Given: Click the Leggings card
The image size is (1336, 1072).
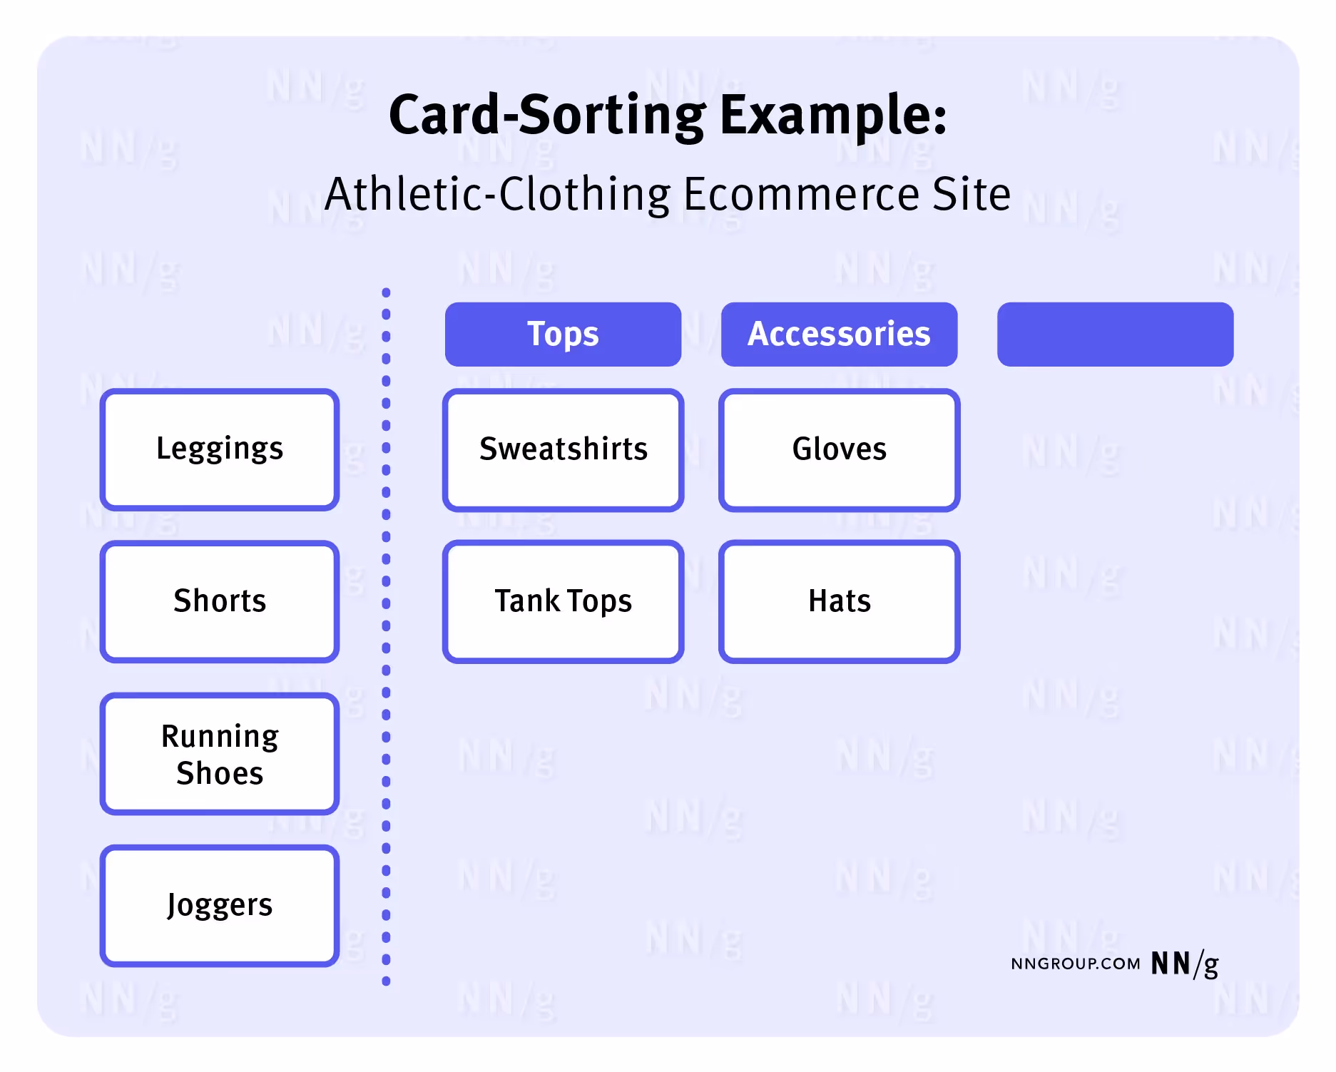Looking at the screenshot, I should click(220, 449).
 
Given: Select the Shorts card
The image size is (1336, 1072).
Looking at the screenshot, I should click(220, 601).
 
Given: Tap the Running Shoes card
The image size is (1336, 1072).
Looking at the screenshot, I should click(220, 754).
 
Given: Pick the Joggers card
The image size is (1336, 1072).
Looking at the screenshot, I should click(220, 906).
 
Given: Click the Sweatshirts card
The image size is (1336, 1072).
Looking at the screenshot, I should click(563, 449).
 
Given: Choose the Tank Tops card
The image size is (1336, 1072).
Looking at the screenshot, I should click(563, 601).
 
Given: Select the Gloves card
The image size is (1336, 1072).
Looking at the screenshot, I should click(839, 449).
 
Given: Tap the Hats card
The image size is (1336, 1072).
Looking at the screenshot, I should click(839, 601).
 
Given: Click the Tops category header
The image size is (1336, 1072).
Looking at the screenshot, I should click(563, 334).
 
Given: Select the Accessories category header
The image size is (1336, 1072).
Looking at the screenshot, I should click(839, 334).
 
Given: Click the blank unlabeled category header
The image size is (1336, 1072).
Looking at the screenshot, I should click(1115, 334).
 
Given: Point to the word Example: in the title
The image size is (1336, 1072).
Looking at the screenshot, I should click(833, 116).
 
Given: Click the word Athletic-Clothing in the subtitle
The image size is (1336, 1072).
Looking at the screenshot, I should click(497, 194).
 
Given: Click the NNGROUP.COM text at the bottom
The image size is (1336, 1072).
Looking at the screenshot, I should click(1075, 964).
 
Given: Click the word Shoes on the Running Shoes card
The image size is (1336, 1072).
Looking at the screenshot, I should click(220, 774).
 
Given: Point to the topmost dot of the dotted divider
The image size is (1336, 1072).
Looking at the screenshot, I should click(386, 292).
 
